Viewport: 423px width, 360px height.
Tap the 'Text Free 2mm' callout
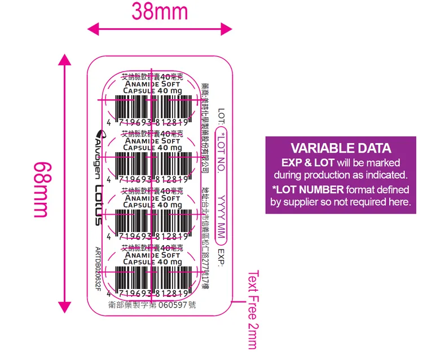[x=252, y=310]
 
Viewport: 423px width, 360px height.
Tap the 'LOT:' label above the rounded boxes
[x=222, y=117]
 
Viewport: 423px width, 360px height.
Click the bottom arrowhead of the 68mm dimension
[x=65, y=308]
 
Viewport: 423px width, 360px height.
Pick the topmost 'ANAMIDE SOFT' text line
[x=152, y=84]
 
